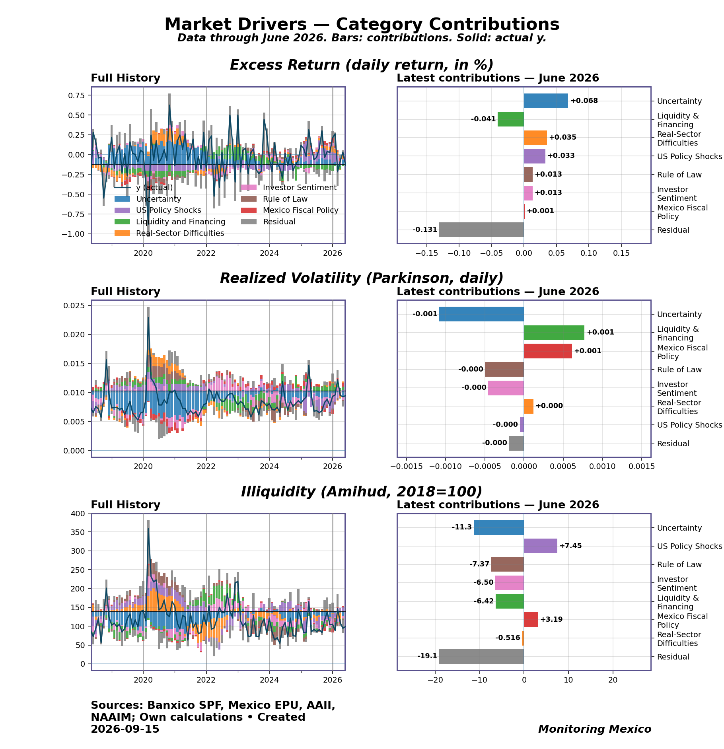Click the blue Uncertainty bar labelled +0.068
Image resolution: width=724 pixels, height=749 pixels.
[546, 101]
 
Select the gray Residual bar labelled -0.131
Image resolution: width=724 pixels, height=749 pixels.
[481, 230]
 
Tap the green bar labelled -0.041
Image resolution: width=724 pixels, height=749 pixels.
[511, 119]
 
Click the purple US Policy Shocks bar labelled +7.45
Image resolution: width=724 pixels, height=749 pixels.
[541, 546]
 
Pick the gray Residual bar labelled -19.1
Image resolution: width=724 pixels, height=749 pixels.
[481, 656]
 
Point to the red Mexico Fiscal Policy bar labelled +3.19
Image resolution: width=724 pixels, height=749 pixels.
[531, 619]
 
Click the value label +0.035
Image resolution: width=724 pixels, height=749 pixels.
[562, 138]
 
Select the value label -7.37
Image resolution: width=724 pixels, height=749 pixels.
[479, 564]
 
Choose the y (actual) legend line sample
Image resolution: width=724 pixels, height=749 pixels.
[122, 187]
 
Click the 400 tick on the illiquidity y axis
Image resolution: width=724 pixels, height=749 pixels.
[77, 514]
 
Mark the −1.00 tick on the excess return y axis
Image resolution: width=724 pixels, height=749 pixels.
[73, 234]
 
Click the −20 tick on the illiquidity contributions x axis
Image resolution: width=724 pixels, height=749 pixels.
[435, 680]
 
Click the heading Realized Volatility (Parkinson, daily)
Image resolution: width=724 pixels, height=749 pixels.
[362, 278]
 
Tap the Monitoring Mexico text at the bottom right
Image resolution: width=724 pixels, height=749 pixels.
[595, 729]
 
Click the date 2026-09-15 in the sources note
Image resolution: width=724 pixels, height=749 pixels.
[125, 729]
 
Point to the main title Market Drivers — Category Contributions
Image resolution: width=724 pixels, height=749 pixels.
[362, 24]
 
